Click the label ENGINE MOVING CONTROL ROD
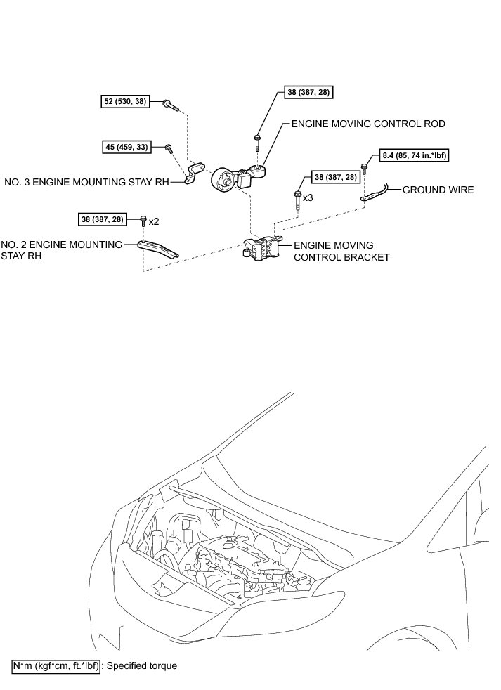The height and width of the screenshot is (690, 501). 368,124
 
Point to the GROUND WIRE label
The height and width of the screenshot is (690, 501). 438,190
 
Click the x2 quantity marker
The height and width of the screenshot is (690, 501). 154,221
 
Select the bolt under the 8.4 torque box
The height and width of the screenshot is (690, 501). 365,168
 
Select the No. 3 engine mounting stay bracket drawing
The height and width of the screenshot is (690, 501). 195,174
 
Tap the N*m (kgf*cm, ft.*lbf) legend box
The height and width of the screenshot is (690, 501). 57,665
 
